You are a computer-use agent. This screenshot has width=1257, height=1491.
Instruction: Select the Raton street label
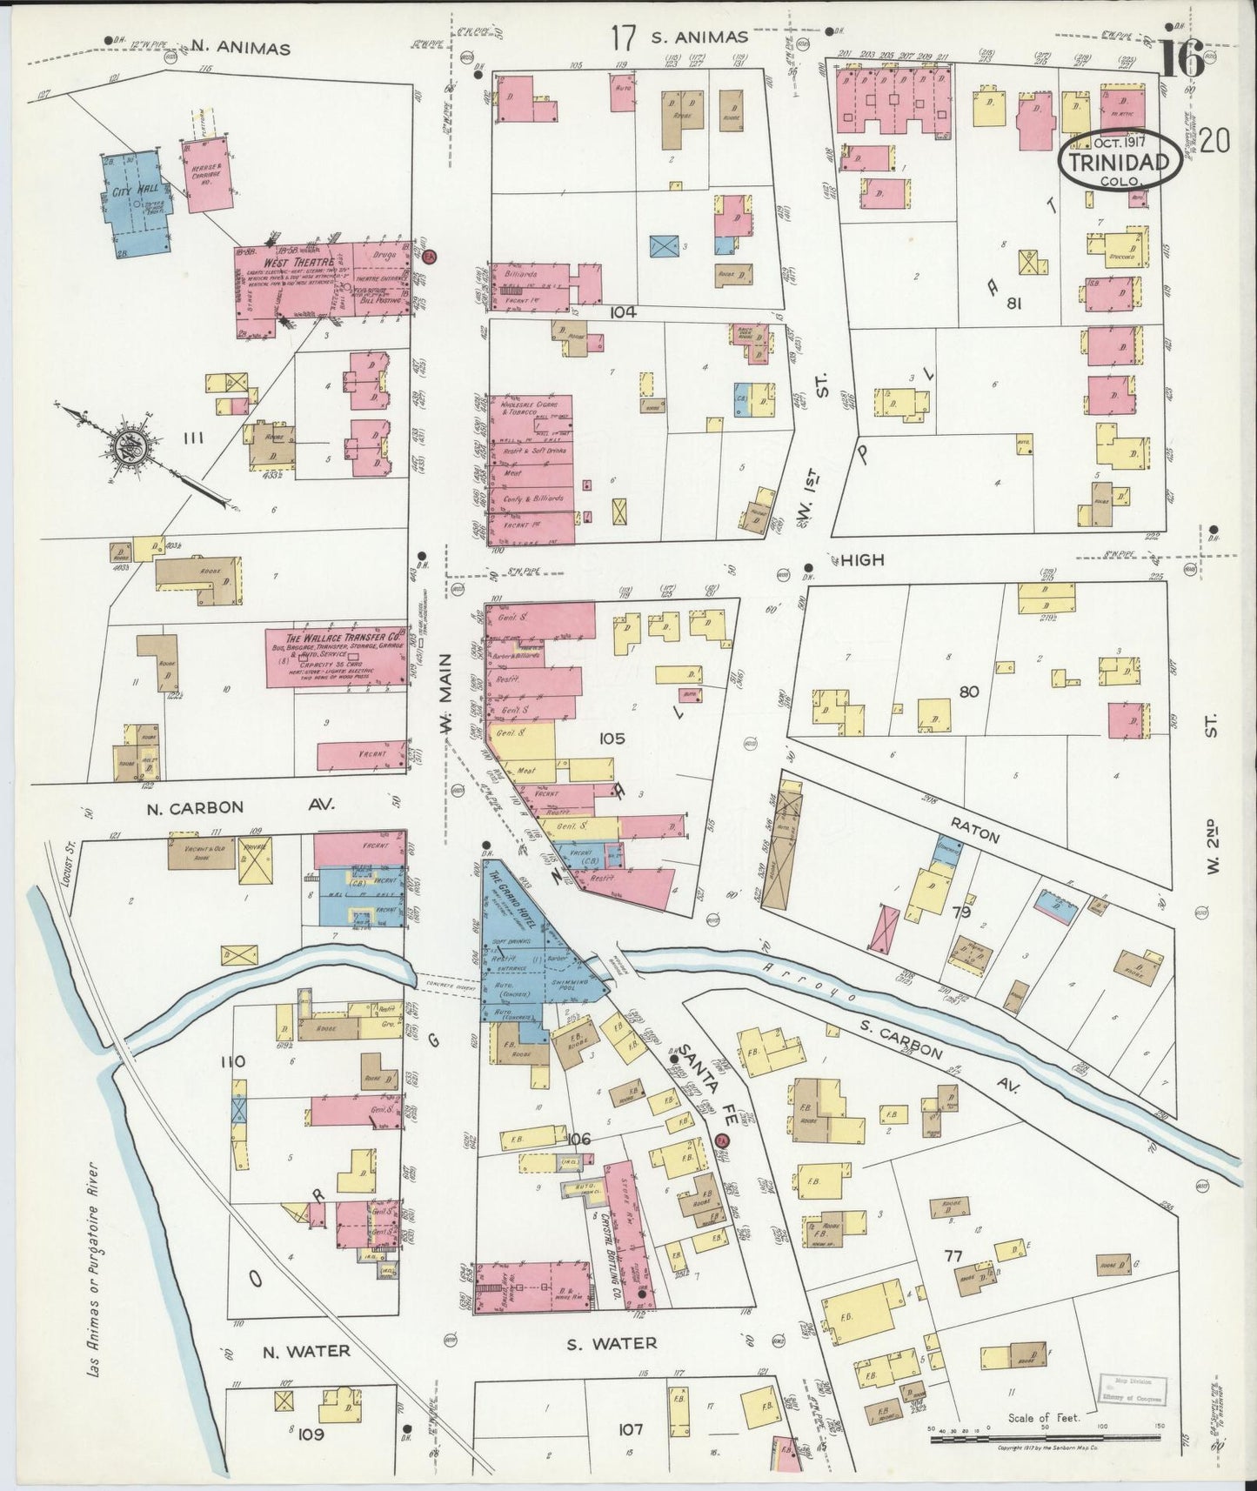pyautogui.click(x=980, y=835)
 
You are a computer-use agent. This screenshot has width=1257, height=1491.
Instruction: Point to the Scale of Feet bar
pyautogui.click(x=1044, y=1440)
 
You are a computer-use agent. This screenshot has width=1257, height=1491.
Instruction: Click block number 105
pyautogui.click(x=612, y=739)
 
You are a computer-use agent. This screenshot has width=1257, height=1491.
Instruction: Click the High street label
pyautogui.click(x=862, y=561)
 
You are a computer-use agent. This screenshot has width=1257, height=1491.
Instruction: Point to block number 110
pyautogui.click(x=233, y=1062)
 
